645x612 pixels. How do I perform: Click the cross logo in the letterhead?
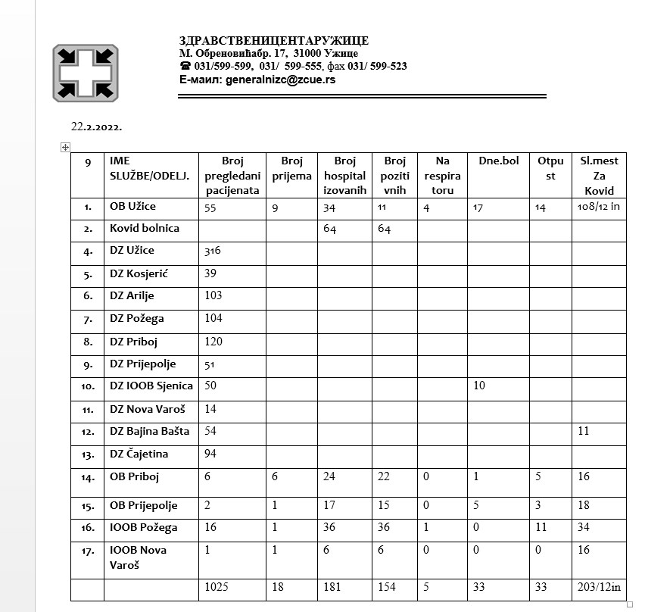(x=86, y=73)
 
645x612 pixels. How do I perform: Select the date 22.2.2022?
(x=97, y=126)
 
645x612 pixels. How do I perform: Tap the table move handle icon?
(x=65, y=147)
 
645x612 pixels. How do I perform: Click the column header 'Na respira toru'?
(x=442, y=175)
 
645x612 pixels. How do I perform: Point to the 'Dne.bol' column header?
(x=498, y=161)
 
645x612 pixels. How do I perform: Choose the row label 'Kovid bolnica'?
(x=145, y=228)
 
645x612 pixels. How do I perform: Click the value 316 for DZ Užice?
(x=213, y=251)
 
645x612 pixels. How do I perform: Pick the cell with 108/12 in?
(x=598, y=206)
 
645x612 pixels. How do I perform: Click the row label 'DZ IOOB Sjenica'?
(x=151, y=386)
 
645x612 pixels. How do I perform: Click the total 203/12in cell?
(x=598, y=586)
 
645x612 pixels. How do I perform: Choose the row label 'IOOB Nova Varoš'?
(x=138, y=557)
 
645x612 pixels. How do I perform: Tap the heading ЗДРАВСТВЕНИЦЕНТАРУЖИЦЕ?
(x=273, y=41)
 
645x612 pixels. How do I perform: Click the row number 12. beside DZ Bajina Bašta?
(x=88, y=432)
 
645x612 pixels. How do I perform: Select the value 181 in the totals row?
(x=332, y=586)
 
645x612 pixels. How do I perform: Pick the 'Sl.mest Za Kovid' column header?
(x=598, y=175)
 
